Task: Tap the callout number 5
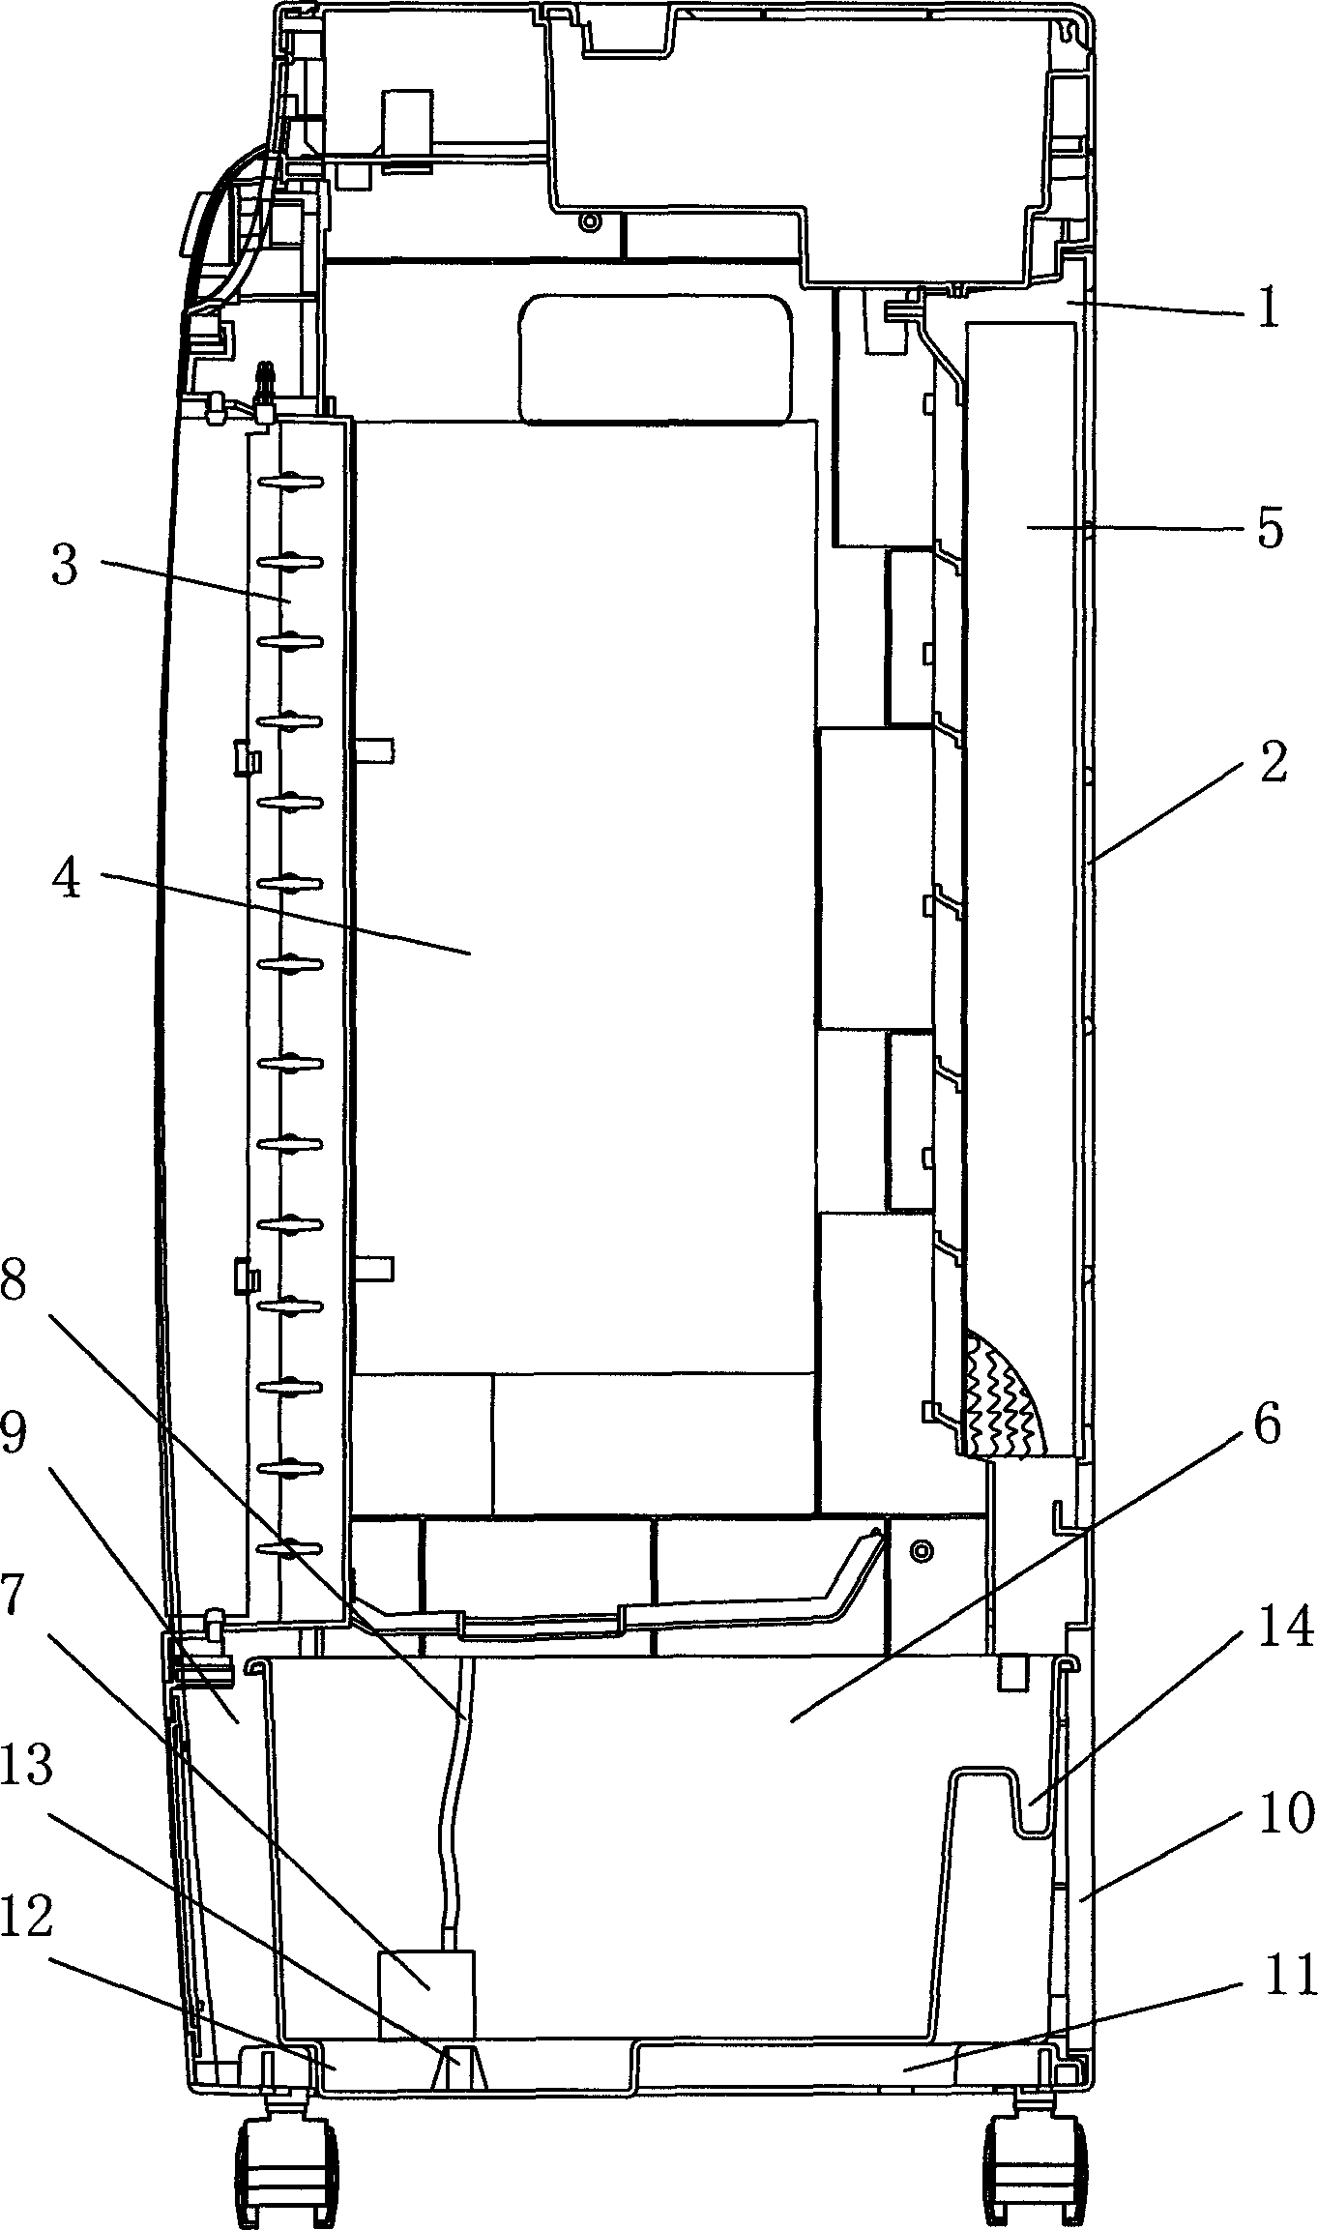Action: (x=1268, y=530)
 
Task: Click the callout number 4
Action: (x=67, y=881)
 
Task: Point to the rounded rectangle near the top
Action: (x=656, y=360)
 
